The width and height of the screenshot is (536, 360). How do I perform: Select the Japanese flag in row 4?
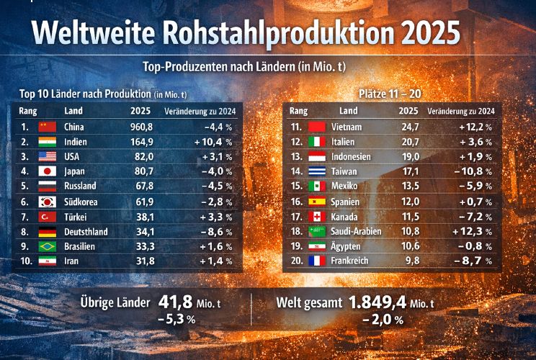tap(47, 171)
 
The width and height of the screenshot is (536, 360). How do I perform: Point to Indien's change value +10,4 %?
tap(213, 142)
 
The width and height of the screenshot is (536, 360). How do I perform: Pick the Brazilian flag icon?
tap(47, 246)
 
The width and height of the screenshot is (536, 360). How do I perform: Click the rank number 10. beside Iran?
tap(26, 261)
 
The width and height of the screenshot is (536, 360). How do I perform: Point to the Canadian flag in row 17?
tap(318, 216)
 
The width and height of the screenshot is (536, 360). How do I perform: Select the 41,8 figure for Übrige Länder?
tap(175, 302)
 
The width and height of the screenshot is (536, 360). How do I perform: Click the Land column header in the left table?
tap(73, 111)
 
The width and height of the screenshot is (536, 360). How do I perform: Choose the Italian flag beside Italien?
tap(318, 142)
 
